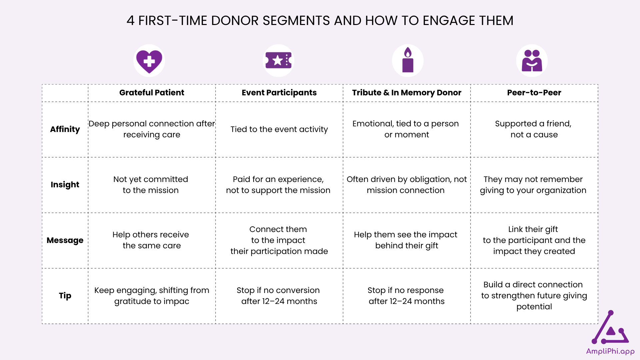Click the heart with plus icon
(x=149, y=61)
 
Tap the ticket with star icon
(x=278, y=60)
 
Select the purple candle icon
(x=408, y=60)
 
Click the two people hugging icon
(x=532, y=60)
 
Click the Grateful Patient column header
(x=152, y=93)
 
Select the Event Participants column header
(x=279, y=93)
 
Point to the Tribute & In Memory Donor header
(x=407, y=93)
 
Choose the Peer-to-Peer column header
(x=534, y=93)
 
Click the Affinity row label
(x=65, y=129)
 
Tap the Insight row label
(x=65, y=185)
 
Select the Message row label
(x=65, y=240)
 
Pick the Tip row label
(x=65, y=296)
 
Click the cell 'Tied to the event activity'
(x=279, y=129)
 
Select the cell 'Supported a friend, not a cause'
(x=534, y=129)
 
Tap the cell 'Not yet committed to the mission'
(x=151, y=185)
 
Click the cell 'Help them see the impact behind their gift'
(x=406, y=240)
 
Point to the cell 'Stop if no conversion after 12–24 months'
(x=279, y=296)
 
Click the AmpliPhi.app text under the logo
(x=610, y=351)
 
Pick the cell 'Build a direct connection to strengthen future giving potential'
(x=534, y=296)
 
